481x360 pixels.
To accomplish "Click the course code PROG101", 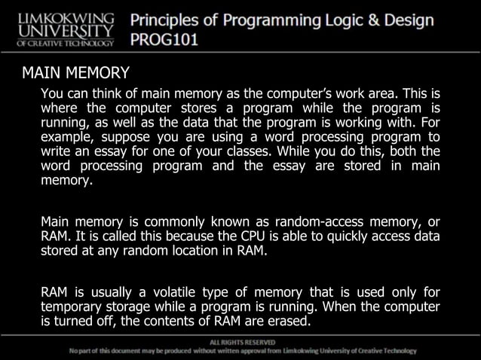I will pos(164,38).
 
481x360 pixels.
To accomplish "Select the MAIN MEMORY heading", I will pos(75,73).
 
